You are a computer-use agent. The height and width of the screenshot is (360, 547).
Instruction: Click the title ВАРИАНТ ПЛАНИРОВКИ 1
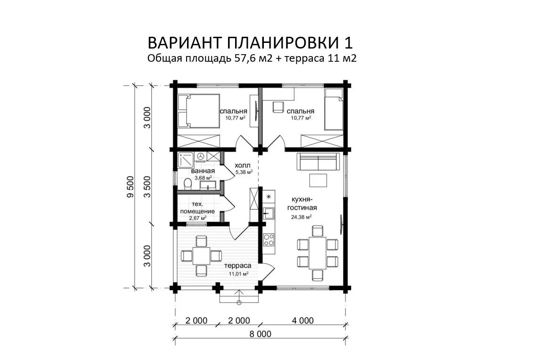pos(250,43)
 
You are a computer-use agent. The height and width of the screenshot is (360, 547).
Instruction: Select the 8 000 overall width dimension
pos(260,334)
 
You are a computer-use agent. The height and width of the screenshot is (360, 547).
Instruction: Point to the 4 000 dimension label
pos(302,320)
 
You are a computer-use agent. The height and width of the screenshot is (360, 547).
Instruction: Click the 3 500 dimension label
pos(147,187)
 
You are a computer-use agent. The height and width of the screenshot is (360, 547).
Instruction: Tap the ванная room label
pos(203,171)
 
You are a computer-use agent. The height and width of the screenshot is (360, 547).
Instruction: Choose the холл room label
pos(243,165)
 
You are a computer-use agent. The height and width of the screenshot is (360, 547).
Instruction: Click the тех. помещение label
pos(197,207)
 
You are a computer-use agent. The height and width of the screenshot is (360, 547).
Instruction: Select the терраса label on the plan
pos(238,265)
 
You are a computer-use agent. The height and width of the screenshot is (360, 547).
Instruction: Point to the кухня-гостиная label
pos(302,204)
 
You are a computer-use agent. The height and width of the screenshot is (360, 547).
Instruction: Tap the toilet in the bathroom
pos(188,183)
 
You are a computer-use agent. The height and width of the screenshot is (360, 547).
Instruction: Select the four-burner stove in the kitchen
pos(269,239)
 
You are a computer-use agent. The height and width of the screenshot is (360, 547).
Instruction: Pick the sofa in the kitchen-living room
pos(318,162)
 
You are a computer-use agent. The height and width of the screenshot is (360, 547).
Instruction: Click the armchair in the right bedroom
pos(278,106)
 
